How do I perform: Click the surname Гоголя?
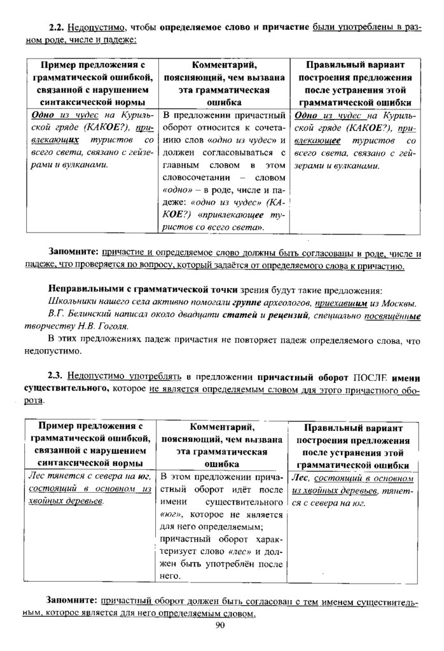118,325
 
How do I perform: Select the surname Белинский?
94,314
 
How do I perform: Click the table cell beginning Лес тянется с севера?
89,488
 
